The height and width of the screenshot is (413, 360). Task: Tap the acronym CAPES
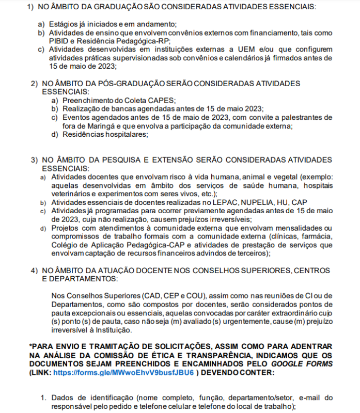(x=162, y=100)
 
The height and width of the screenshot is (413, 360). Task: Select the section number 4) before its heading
(x=34, y=270)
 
